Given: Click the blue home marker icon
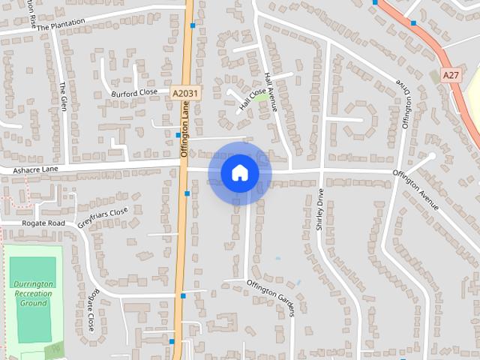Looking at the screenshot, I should (x=239, y=173).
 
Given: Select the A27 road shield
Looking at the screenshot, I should (x=450, y=76).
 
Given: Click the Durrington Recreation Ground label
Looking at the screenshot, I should (x=32, y=293).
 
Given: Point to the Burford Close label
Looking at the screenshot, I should (x=135, y=92).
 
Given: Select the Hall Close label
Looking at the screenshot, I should (x=253, y=101).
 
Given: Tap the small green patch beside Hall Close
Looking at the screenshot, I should (x=263, y=97).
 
